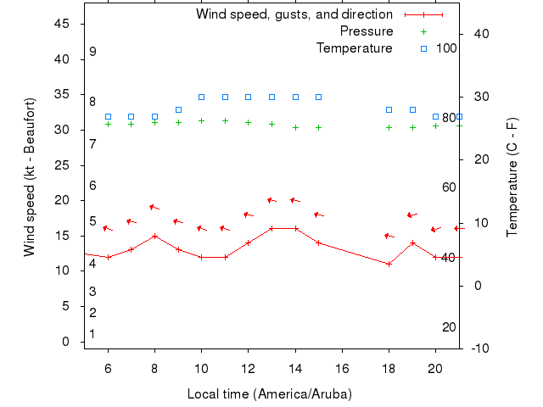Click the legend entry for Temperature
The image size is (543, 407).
pos(354,48)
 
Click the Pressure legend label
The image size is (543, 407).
pos(366,31)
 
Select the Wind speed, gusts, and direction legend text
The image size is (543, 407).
pos(294,14)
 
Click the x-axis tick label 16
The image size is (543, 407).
pos(342,369)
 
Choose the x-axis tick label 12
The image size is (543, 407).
pos(248,369)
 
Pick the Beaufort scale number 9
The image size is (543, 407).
pos(92,52)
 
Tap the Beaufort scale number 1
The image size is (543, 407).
pos(92,334)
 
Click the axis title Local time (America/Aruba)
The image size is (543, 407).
pos(269,394)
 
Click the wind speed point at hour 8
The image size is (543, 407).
pos(154,236)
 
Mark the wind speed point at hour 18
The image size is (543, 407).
pos(389,264)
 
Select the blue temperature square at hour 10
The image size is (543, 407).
pos(201,97)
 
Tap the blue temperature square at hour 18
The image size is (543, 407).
pos(389,109)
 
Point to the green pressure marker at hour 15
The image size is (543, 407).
pos(318,127)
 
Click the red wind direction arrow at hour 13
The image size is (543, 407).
pos(271,200)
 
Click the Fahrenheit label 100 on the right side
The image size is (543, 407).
pos(447,48)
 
